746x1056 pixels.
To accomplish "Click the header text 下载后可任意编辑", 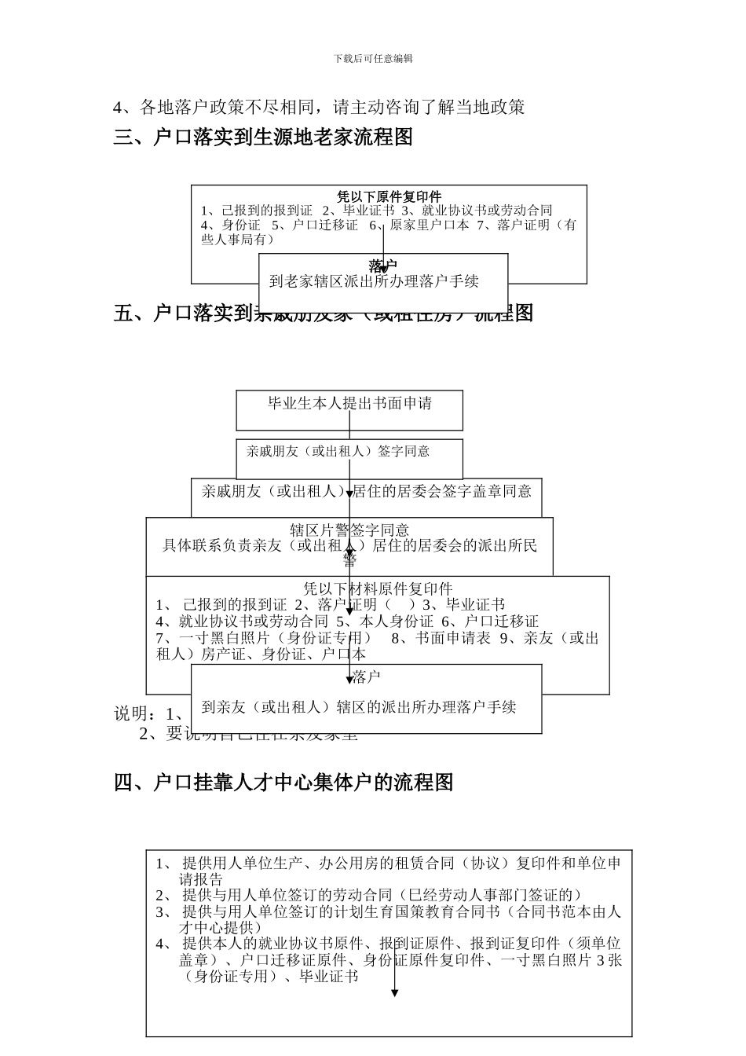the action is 373,58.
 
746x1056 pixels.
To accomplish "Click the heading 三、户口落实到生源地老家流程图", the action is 263,137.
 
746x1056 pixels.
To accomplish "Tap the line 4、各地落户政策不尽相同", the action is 318,107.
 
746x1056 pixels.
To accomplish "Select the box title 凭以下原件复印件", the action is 389,196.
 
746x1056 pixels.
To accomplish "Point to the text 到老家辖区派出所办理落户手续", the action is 374,281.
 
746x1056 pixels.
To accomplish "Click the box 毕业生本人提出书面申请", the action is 349,404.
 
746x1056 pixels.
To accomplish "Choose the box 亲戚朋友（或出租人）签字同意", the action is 338,452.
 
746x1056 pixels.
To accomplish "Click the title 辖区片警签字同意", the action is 349,531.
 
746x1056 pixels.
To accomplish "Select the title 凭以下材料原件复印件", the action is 378,588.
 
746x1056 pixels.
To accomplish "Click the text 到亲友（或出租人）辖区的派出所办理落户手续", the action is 359,707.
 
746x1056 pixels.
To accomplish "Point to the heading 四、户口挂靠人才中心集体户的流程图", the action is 283,783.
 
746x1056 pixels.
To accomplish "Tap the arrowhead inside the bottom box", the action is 394,993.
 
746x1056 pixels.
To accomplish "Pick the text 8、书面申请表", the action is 441,638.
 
